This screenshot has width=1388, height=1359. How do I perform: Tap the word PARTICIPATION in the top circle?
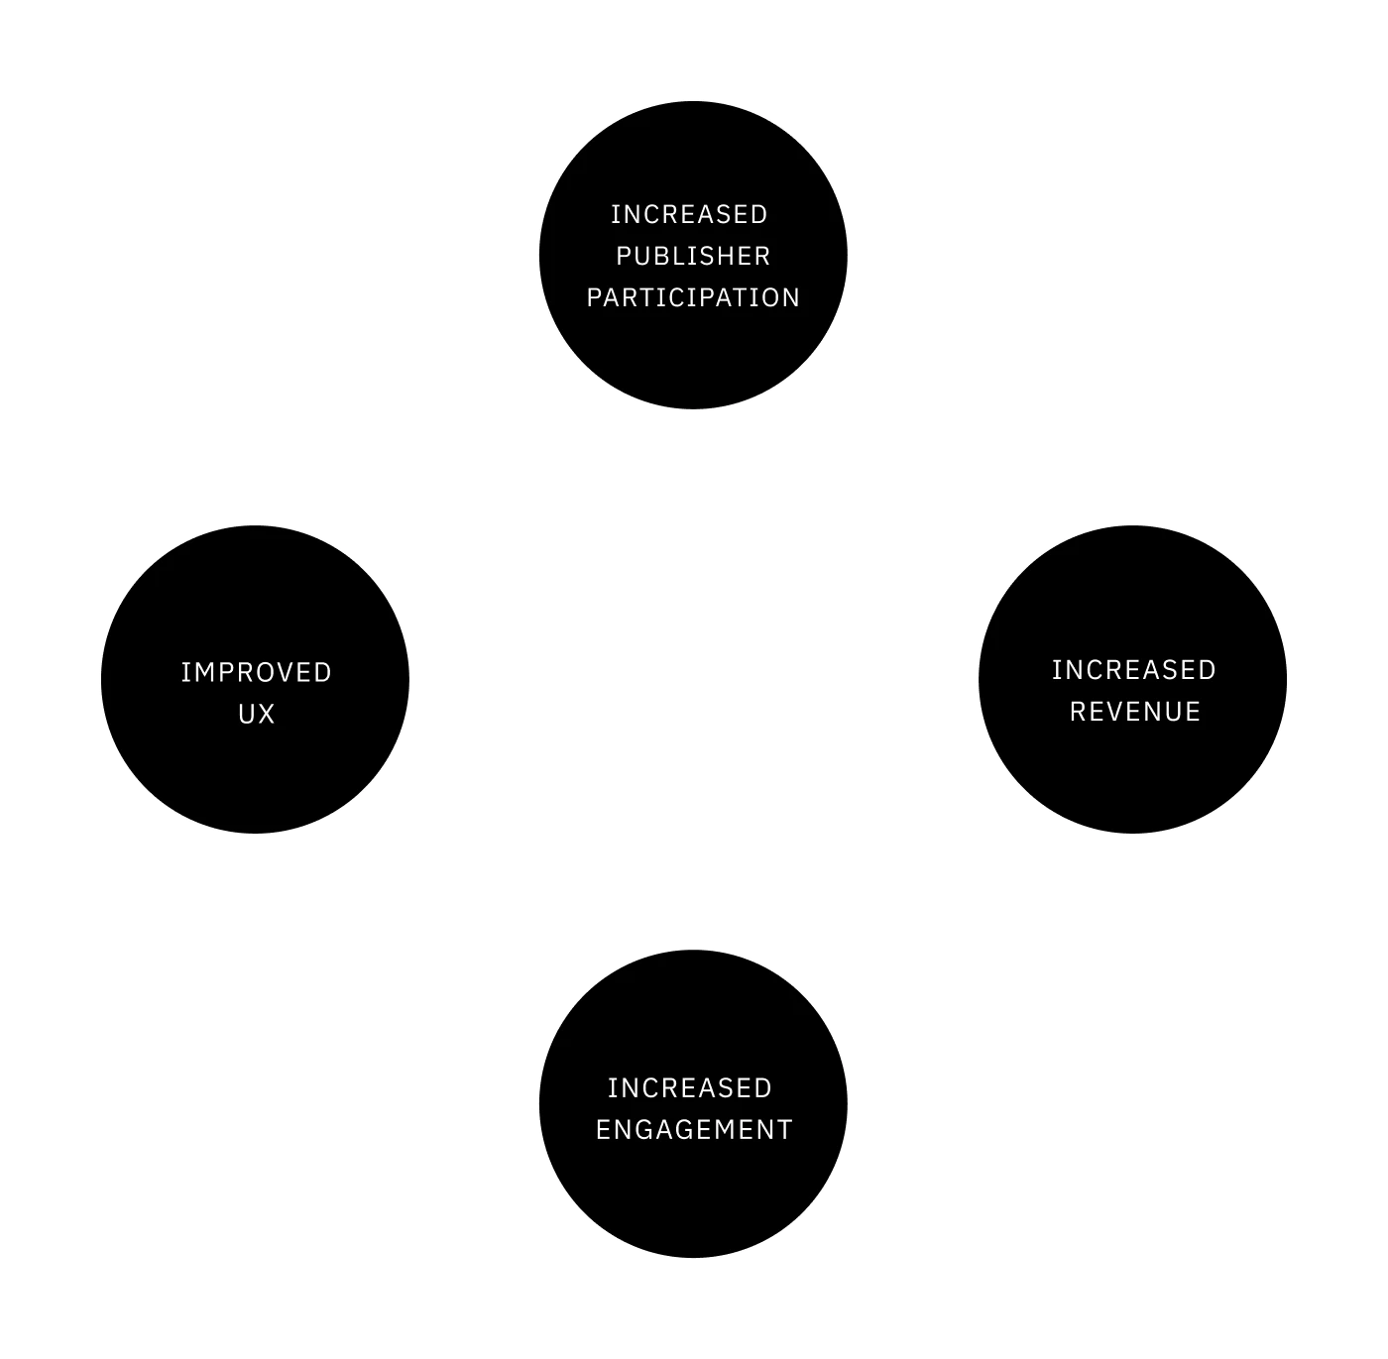(x=693, y=297)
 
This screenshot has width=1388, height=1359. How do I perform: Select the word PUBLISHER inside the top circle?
(x=693, y=256)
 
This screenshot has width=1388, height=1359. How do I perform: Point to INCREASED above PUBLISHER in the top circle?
(x=689, y=214)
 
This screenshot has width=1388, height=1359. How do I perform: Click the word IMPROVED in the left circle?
(x=256, y=672)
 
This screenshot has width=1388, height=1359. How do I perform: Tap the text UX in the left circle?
(x=256, y=714)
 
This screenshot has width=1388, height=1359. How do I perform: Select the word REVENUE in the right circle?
(x=1134, y=712)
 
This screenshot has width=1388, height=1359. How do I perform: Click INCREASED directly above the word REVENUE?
(x=1133, y=670)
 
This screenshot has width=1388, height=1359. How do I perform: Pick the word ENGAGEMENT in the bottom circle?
(x=694, y=1130)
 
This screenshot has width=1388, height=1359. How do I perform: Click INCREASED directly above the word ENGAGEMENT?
(x=689, y=1088)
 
